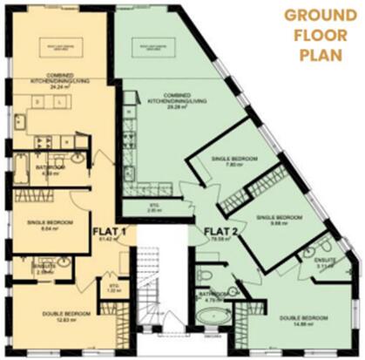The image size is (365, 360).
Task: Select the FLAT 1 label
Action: click(111, 231)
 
